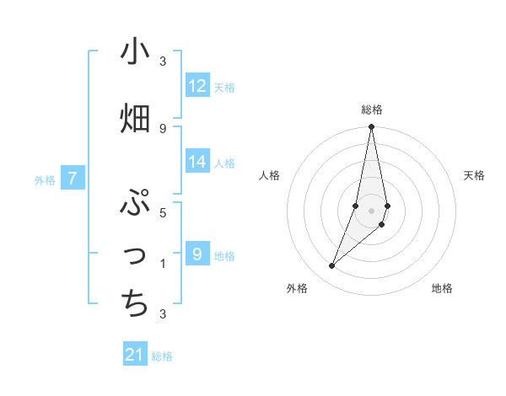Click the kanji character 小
click(136, 51)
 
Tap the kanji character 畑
click(136, 118)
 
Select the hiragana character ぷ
click(136, 203)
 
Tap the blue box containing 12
click(197, 85)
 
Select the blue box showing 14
click(197, 162)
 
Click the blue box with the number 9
click(197, 254)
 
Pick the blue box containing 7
click(73, 178)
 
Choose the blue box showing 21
click(135, 355)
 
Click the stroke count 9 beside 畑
click(163, 128)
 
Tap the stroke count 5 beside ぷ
click(163, 212)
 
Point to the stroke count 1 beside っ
click(163, 264)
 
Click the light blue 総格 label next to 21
click(162, 356)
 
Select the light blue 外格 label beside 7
click(45, 179)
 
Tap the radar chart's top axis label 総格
click(372, 110)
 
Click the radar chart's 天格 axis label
click(475, 175)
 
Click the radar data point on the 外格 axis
click(331, 266)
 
